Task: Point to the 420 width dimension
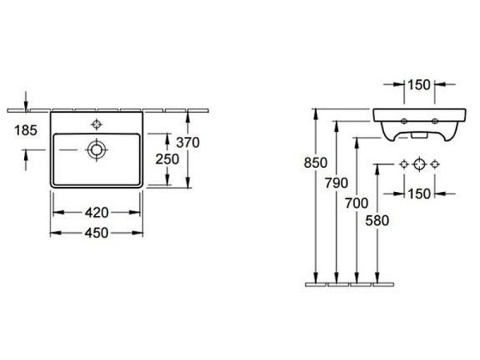[97, 212]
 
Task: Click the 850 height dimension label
[318, 162]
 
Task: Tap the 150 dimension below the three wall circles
[418, 193]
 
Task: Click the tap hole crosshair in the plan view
[97, 124]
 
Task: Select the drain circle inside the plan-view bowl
[97, 149]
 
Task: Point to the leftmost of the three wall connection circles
[403, 164]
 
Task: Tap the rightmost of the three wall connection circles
[434, 164]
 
